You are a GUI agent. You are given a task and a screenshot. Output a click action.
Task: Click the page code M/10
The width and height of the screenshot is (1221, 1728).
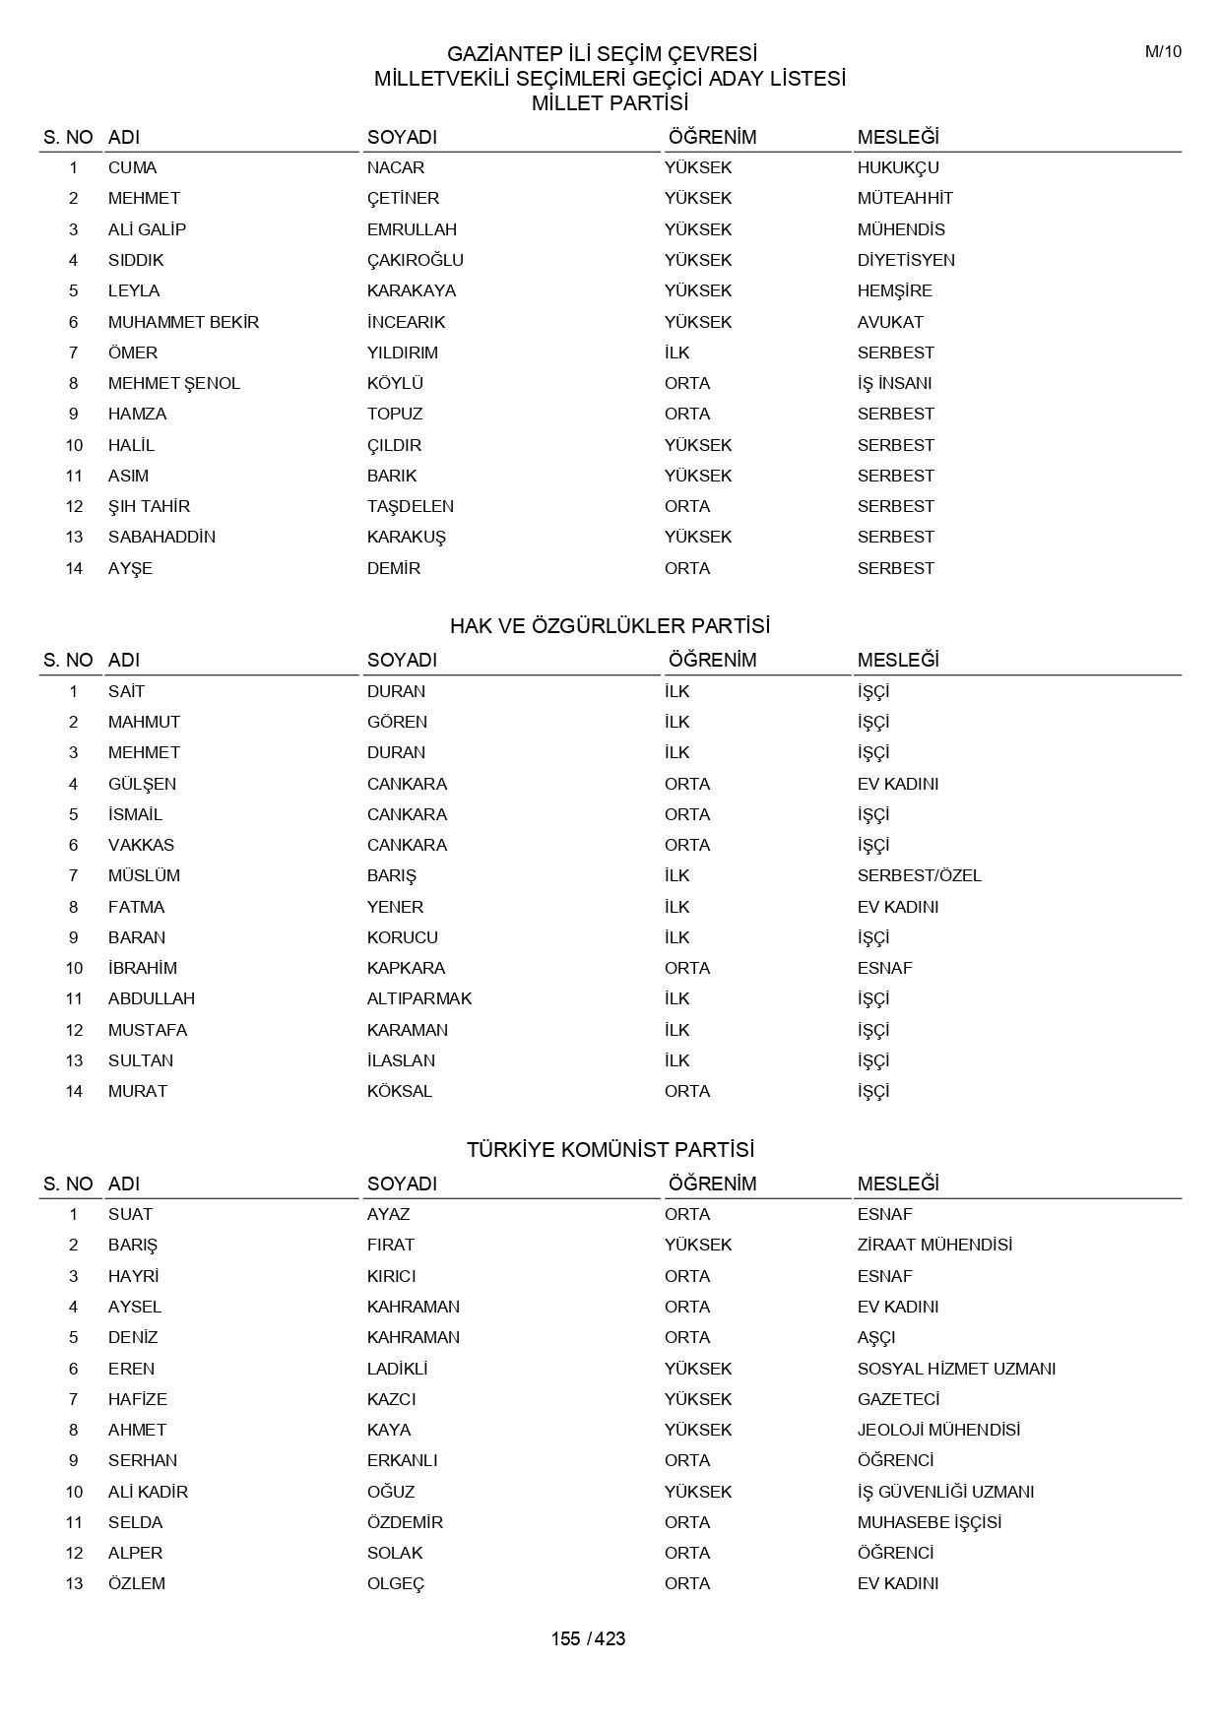point(1163,52)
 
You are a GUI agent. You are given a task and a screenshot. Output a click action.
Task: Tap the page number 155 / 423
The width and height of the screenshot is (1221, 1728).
point(588,1638)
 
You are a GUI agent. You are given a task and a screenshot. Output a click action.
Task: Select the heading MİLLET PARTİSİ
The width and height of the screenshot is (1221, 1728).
point(610,103)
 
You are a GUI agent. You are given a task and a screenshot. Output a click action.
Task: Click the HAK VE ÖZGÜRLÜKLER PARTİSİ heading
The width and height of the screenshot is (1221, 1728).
point(610,626)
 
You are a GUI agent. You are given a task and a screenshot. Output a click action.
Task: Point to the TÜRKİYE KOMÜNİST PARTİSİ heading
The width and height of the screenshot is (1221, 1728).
point(610,1150)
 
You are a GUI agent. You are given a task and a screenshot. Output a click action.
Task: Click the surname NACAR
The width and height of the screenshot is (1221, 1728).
point(396,167)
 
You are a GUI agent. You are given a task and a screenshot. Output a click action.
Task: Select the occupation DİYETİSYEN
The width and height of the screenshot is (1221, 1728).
point(906,260)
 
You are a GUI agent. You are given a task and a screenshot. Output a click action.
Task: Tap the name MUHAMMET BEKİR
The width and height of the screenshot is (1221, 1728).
point(183,322)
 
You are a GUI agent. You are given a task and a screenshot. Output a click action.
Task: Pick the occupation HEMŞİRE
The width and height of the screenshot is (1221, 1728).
point(894,290)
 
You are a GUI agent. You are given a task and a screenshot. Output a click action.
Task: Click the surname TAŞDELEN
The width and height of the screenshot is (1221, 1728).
point(411,506)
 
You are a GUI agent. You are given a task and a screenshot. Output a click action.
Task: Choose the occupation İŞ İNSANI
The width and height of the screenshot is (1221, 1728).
point(894,383)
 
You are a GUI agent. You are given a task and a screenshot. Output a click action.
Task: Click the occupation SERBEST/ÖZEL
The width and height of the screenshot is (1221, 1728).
point(919,875)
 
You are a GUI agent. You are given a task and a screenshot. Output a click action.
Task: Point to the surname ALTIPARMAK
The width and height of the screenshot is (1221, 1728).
point(419,998)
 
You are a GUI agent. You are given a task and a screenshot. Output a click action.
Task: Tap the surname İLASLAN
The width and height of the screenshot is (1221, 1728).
point(401,1060)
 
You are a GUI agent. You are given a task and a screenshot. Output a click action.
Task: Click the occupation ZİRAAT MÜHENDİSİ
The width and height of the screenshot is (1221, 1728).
point(934,1245)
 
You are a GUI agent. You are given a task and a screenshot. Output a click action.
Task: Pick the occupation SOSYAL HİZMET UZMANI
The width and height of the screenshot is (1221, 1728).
point(956,1369)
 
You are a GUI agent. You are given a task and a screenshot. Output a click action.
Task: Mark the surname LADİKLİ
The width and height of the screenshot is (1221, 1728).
point(397,1369)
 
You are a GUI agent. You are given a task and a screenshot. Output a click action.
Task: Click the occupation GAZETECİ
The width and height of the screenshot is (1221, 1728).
point(898,1399)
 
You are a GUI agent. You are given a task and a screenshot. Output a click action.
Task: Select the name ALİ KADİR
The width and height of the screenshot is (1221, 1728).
point(148,1492)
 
